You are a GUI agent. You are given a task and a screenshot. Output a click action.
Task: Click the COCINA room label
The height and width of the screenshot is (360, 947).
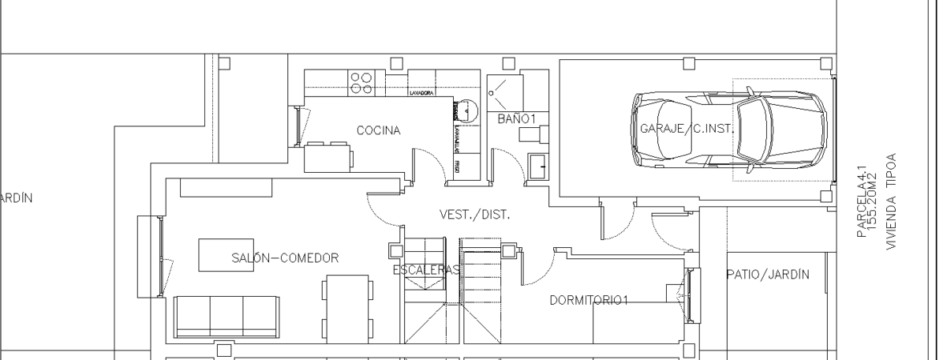click(x=379, y=130)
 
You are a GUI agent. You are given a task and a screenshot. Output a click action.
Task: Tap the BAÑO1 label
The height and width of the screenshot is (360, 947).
click(x=517, y=118)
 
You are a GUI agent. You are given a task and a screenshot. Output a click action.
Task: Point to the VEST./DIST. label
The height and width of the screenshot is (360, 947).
click(x=475, y=214)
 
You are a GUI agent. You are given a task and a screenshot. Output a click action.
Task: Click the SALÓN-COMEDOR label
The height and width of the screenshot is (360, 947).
click(x=285, y=257)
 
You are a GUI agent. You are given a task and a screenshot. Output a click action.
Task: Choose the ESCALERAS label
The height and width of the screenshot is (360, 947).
click(x=426, y=271)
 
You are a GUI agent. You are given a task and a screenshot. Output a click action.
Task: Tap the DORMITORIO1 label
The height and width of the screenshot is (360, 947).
click(x=589, y=300)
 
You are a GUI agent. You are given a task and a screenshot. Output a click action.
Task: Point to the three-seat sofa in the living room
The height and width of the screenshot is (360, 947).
click(x=226, y=317)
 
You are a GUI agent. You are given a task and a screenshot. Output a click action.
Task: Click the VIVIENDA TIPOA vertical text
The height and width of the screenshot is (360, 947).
click(x=891, y=202)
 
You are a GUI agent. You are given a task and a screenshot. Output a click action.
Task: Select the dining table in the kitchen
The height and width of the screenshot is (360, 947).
click(x=328, y=156)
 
